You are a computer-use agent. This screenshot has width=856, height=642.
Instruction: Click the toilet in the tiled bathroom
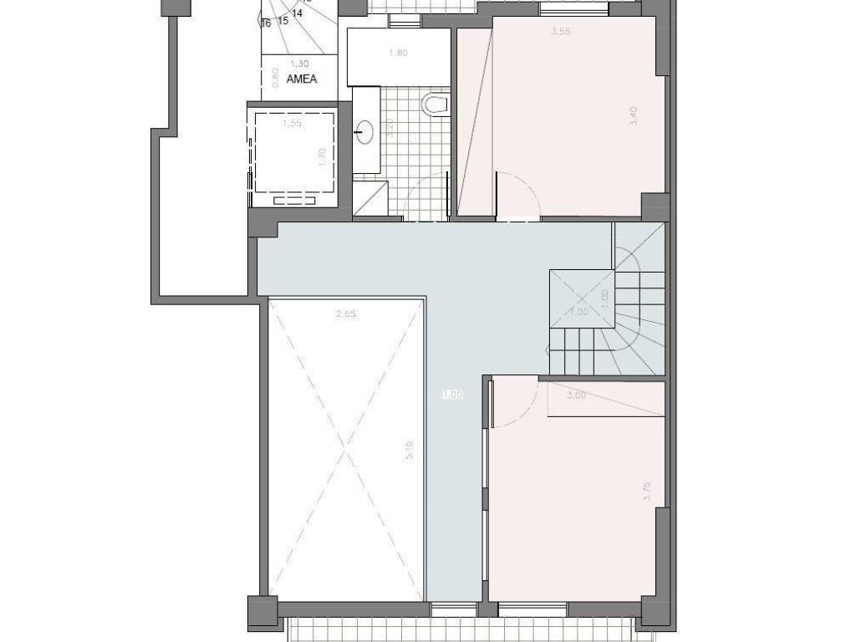[436, 104]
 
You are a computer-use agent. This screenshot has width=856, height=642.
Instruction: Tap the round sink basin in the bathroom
[364, 130]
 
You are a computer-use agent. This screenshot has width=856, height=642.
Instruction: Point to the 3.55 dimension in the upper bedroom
[561, 32]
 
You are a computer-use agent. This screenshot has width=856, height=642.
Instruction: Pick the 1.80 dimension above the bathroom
[398, 53]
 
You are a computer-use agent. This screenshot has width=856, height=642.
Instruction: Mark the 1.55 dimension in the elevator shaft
[292, 124]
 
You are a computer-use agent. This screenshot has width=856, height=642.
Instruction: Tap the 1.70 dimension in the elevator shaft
[321, 157]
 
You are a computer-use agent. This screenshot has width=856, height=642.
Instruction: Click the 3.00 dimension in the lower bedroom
[575, 395]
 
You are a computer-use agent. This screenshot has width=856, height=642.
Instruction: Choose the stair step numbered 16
[266, 23]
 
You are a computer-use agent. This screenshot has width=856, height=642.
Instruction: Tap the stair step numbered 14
[297, 13]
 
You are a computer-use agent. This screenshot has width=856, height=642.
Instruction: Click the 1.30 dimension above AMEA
[298, 64]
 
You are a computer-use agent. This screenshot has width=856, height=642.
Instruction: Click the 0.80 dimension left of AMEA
[277, 78]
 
